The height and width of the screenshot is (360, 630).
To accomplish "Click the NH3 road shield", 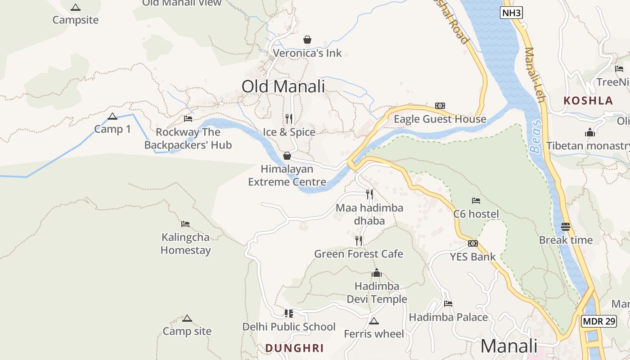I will coord(511,13).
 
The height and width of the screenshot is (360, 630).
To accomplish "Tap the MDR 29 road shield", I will coord(598,321).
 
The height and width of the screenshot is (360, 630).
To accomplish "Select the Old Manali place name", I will coord(283,86).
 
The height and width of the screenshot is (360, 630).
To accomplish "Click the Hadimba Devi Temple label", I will coord(377,292).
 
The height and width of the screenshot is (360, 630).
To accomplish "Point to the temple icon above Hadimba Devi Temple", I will coord(377,273).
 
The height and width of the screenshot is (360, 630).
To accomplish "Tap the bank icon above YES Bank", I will coord(472,243).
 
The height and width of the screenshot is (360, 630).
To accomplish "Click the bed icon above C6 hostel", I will coord(476,200).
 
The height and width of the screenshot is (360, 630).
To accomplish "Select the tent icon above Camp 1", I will coord(112,117).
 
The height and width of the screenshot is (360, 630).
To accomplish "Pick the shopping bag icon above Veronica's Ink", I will coord(307,40).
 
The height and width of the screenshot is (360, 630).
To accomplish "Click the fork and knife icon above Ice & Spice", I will coord(289,119).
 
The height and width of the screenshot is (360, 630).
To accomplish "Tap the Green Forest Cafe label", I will coord(359,254).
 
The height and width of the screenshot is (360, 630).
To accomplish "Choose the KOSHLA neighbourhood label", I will coord(588,101).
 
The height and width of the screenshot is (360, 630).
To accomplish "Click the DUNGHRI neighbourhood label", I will coord(294,348).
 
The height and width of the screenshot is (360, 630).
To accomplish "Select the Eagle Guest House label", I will coord(440,119).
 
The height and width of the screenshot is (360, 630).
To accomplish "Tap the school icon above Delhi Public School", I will coord(288,313).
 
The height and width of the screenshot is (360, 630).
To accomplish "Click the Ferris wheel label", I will coord(374,334).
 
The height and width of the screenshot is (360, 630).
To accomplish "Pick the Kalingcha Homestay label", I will coord(186,243).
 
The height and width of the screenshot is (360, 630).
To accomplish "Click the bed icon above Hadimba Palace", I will coord(448,304).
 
